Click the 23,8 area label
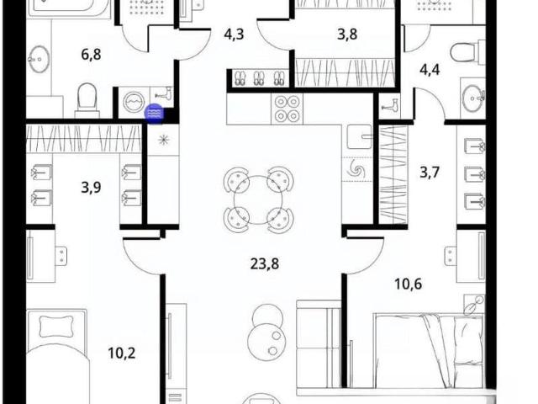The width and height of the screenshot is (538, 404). [x=265, y=263]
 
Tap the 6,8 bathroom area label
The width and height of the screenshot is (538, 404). [x=91, y=54]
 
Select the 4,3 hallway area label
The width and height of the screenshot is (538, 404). [x=234, y=34]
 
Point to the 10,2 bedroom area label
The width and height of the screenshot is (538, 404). [x=121, y=353]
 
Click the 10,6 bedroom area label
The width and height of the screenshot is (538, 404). [x=408, y=284]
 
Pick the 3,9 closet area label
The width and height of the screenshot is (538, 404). [x=91, y=188]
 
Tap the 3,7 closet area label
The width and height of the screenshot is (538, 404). [x=430, y=172]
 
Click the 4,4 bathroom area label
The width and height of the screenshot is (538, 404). [x=430, y=70]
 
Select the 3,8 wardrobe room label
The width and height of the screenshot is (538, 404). [x=347, y=34]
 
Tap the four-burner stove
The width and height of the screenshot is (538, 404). [x=287, y=109]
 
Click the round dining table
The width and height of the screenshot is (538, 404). [x=258, y=200]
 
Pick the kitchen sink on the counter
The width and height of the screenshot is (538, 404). [x=359, y=137]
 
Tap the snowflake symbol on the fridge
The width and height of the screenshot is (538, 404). [x=164, y=140]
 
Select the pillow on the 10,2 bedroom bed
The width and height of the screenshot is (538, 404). [x=56, y=327]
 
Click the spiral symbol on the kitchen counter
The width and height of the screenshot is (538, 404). [x=356, y=169]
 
